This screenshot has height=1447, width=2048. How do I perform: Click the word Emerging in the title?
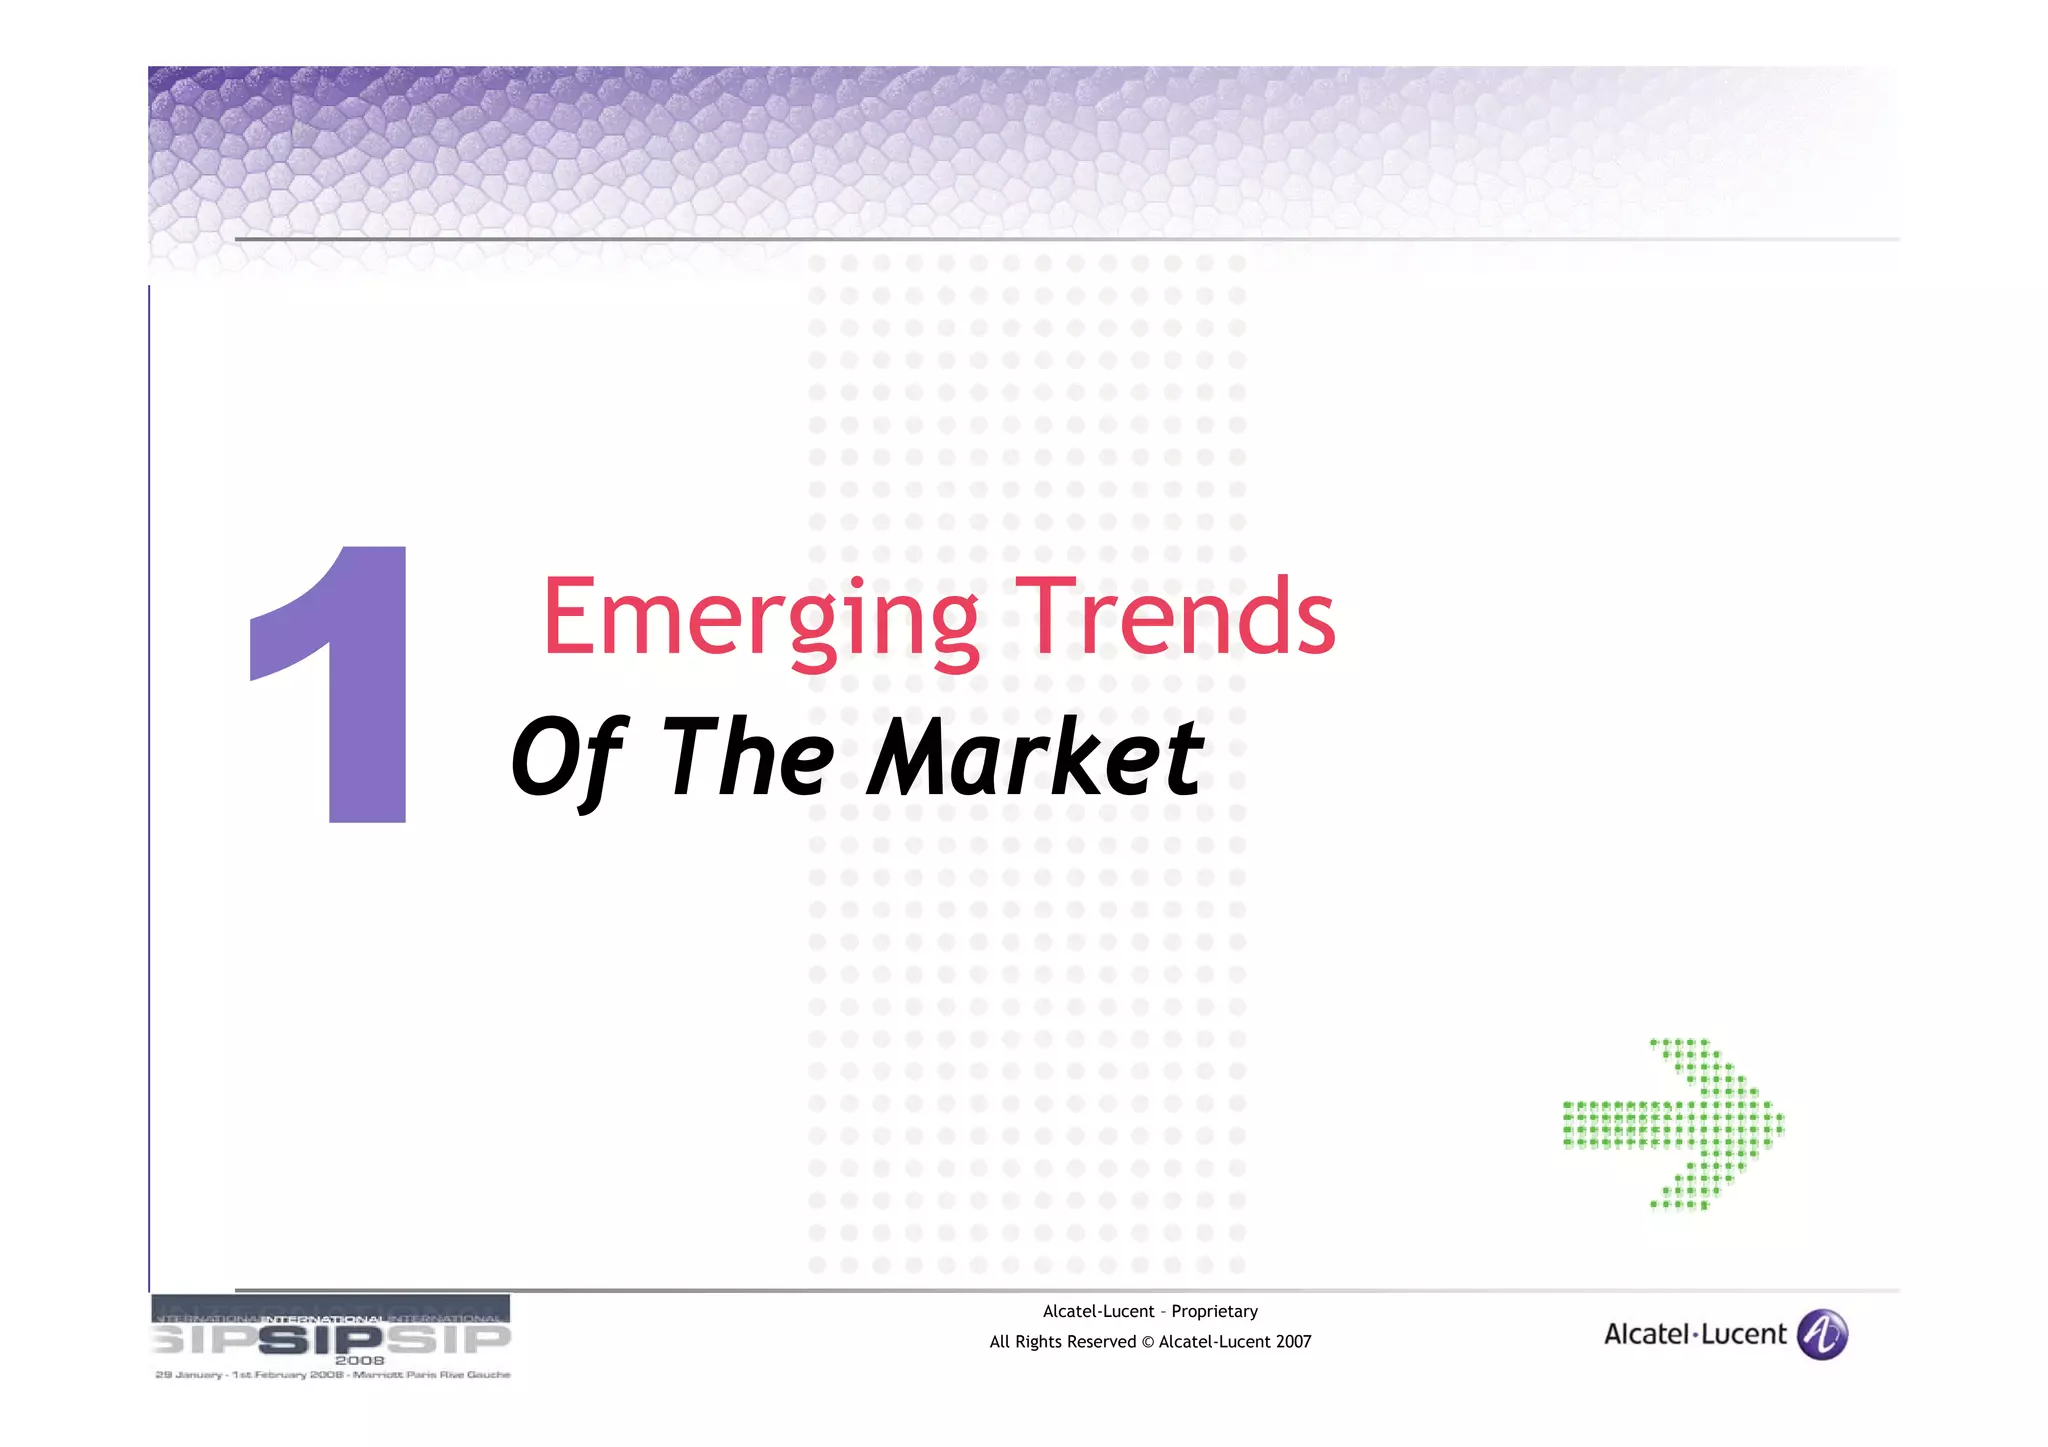760,618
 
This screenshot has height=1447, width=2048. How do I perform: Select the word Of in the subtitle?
567,757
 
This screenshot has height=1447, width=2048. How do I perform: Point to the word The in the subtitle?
747,757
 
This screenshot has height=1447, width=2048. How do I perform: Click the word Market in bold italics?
1035,757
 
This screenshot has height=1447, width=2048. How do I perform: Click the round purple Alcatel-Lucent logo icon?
1822,1334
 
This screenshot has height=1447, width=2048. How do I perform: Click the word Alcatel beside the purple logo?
1645,1334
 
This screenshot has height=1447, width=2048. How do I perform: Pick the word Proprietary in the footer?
1214,1311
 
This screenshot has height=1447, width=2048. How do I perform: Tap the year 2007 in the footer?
1292,1342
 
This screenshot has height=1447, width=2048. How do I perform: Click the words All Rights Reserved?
1062,1342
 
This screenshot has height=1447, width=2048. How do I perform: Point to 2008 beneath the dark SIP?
359,1360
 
